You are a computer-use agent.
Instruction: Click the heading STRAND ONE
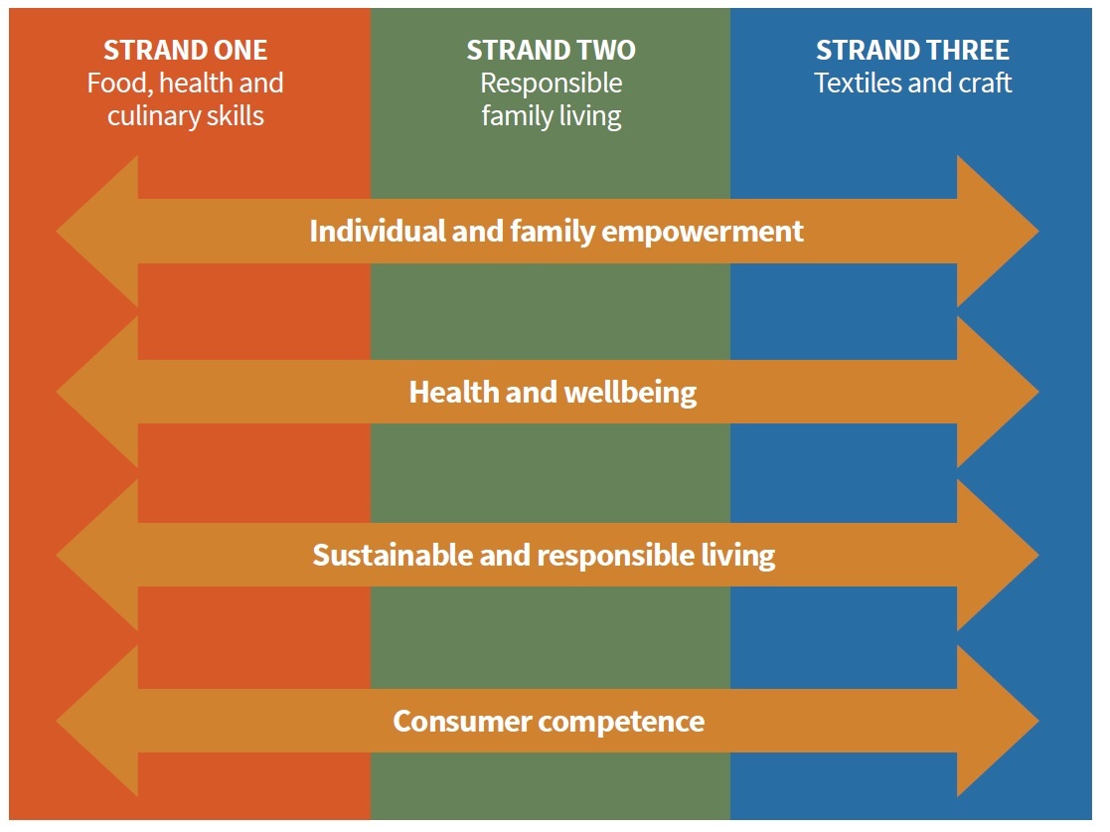pyautogui.click(x=186, y=51)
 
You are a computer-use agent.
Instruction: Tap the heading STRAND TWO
pyautogui.click(x=551, y=51)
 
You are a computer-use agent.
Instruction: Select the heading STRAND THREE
pyautogui.click(x=912, y=51)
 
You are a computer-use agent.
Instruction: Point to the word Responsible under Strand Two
pyautogui.click(x=552, y=83)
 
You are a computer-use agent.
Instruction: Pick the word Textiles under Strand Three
pyautogui.click(x=857, y=83)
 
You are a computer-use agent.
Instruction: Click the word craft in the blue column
pyautogui.click(x=985, y=83)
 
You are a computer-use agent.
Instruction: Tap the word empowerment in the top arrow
pyautogui.click(x=703, y=233)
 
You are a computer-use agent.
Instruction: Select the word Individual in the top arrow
pyautogui.click(x=377, y=231)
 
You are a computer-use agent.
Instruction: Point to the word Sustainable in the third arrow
pyautogui.click(x=393, y=555)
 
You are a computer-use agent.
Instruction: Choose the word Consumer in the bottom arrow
pyautogui.click(x=462, y=722)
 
